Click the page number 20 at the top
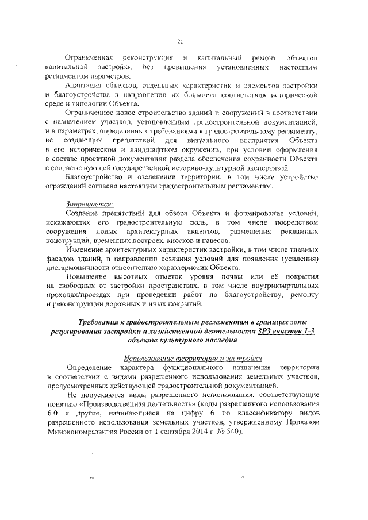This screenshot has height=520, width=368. [x=180, y=42]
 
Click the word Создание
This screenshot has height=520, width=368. [x=83, y=214]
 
